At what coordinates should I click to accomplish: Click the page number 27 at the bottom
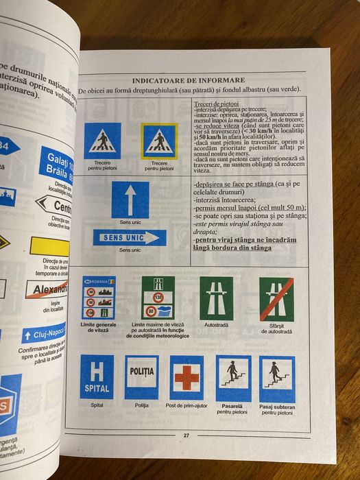[186, 435]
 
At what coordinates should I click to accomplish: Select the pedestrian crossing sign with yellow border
[159, 141]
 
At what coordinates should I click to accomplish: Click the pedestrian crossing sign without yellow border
[103, 141]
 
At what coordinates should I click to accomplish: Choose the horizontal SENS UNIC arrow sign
[130, 238]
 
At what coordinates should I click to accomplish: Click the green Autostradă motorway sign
[217, 298]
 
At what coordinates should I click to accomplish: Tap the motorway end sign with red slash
[276, 298]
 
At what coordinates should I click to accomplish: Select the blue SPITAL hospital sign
[97, 376]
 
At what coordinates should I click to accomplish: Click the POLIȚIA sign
[142, 376]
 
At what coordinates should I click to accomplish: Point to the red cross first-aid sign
[187, 377]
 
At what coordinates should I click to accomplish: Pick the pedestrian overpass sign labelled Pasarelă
[233, 377]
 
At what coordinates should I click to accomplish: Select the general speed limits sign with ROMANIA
[99, 298]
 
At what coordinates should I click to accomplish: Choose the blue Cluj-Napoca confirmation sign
[44, 335]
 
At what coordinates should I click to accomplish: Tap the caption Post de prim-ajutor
[187, 407]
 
